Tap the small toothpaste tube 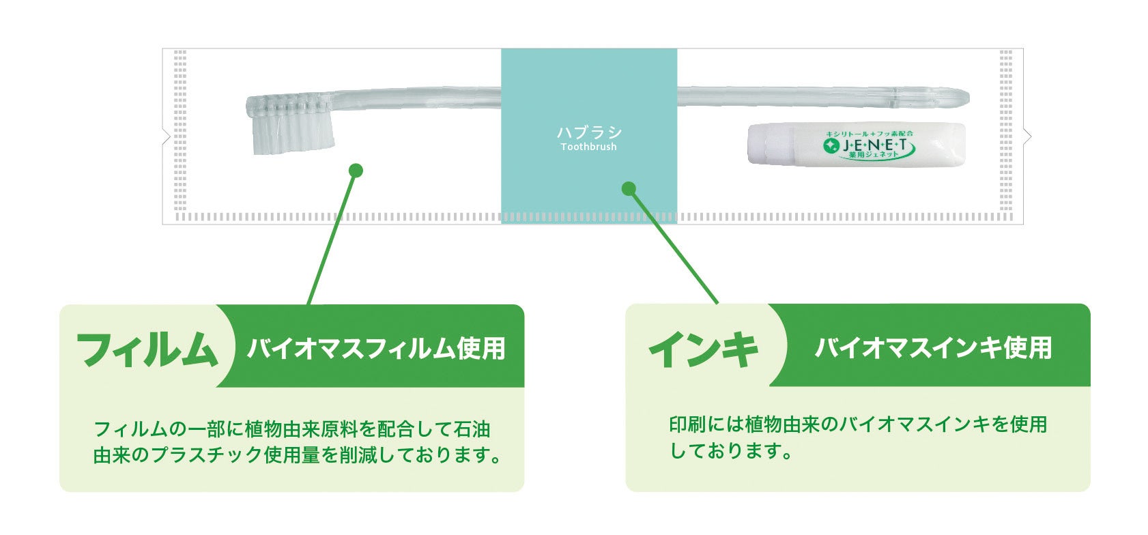coord(857,144)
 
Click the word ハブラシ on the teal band coord(589,132)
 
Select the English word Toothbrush coord(588,147)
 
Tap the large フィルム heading coord(147,349)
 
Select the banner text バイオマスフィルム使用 coord(376,348)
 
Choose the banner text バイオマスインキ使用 coord(933,347)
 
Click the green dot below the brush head coord(356,170)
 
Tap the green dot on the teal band coord(629,188)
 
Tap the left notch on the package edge coord(166,137)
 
